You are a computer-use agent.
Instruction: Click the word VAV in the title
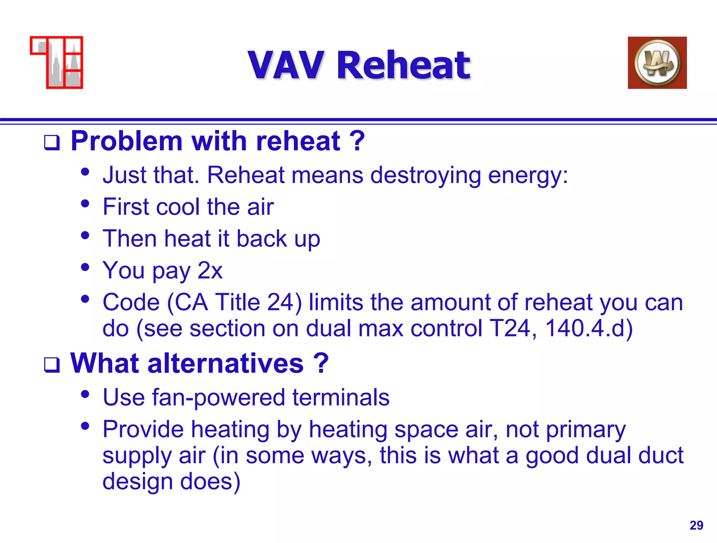click(x=285, y=65)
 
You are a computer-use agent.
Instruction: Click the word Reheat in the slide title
click(x=403, y=65)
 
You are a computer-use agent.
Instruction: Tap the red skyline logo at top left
click(x=57, y=63)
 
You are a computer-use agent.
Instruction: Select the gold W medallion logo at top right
click(x=657, y=63)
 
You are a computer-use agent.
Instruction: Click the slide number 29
click(x=696, y=525)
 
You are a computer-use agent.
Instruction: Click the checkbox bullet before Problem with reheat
click(x=52, y=143)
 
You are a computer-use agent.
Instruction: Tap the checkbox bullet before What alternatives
click(x=52, y=365)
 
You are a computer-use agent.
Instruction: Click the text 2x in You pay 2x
click(x=210, y=270)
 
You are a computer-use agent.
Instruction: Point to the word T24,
click(x=513, y=329)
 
